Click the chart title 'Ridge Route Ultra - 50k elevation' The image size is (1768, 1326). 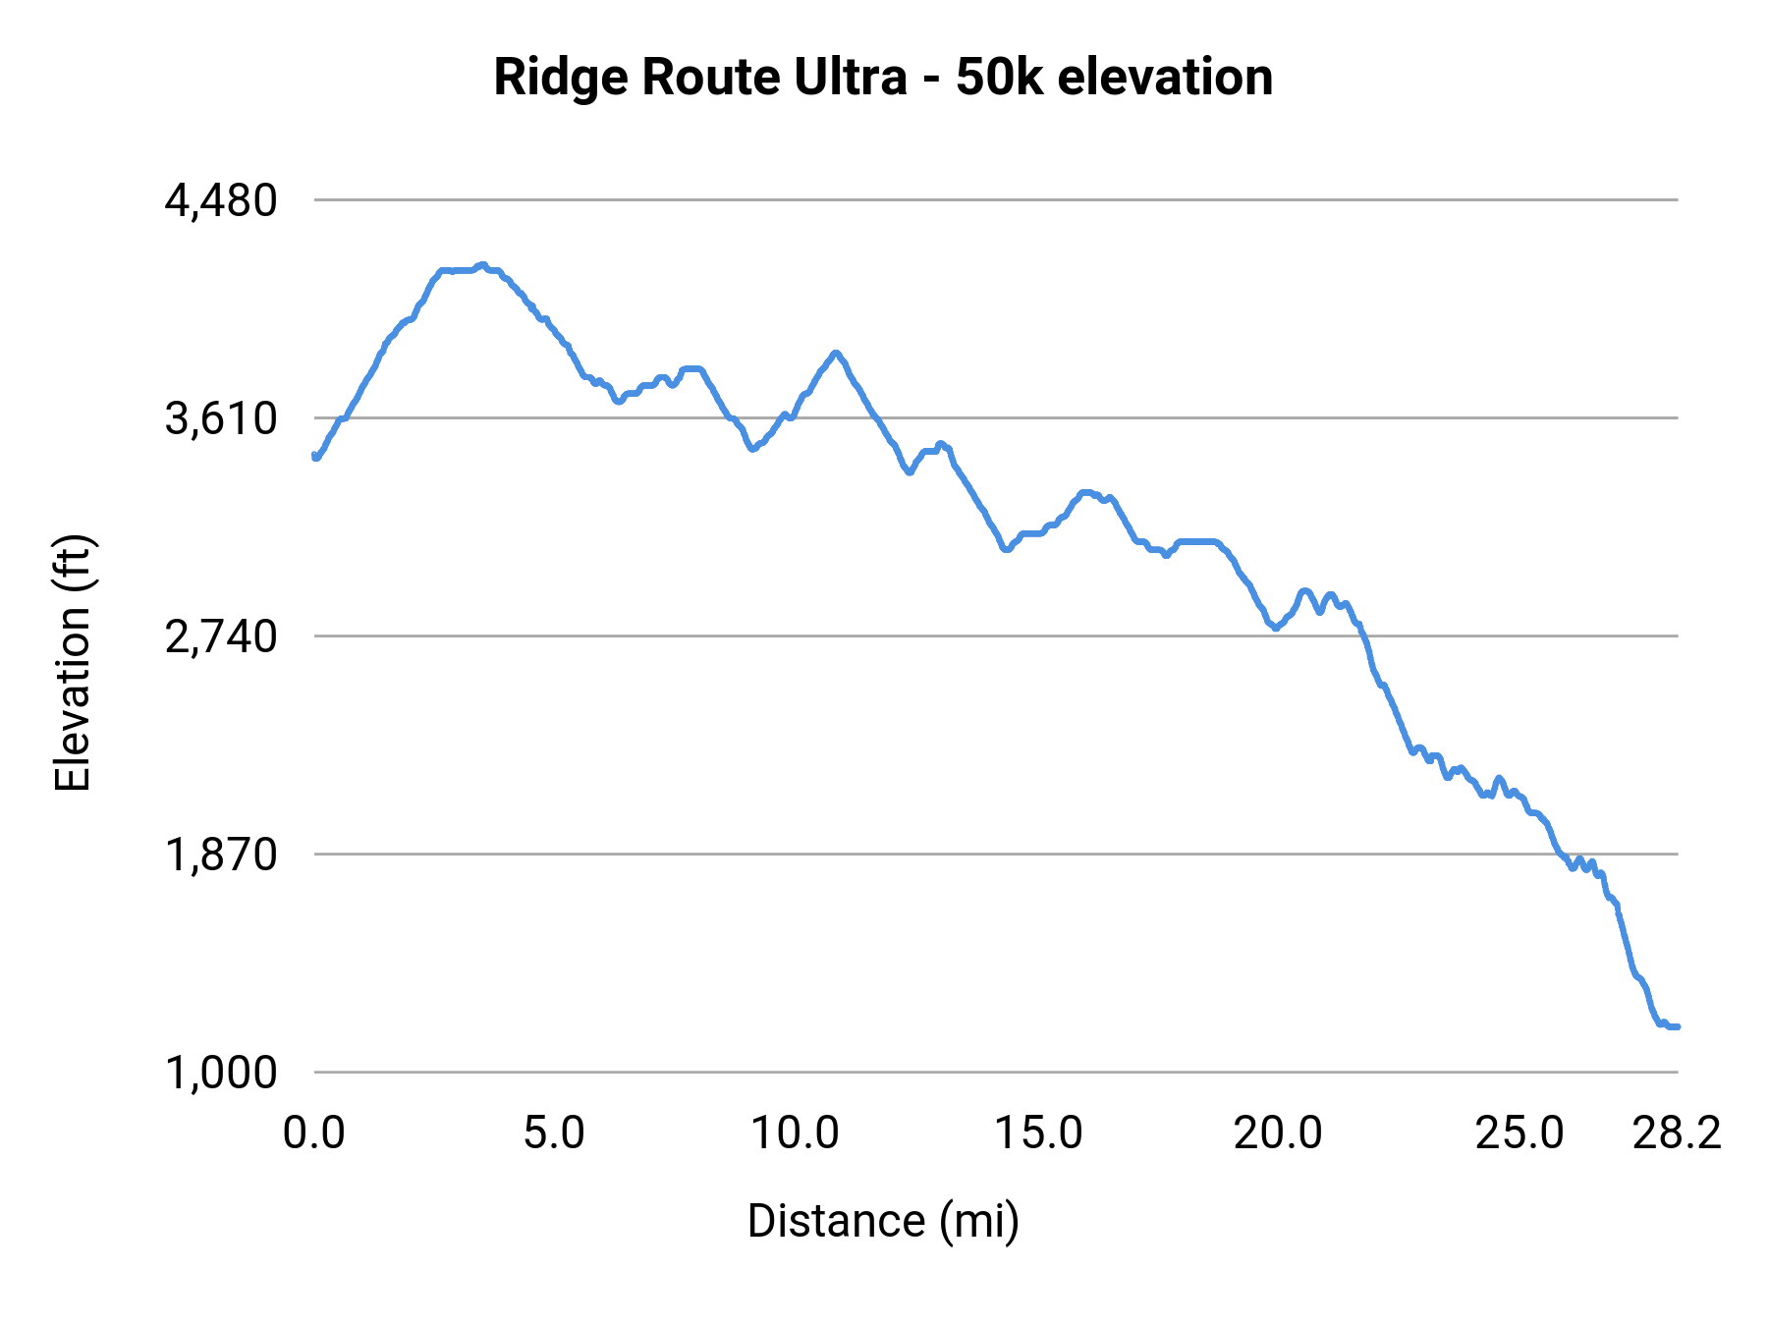883,78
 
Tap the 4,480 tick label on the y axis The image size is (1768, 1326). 221,200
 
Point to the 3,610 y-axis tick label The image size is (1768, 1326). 221,419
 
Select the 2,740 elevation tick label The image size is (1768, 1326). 221,637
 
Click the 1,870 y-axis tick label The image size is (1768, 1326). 221,856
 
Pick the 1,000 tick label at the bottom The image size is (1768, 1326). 221,1074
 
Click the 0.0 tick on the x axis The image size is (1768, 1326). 314,1133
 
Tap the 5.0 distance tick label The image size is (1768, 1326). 554,1133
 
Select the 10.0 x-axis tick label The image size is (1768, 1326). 795,1133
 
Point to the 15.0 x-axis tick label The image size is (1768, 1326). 1038,1133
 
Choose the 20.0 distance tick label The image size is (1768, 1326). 1278,1133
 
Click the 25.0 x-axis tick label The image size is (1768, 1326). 1519,1133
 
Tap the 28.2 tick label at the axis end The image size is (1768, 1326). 1678,1133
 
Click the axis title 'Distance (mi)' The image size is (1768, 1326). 883,1221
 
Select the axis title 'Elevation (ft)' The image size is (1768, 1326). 73,663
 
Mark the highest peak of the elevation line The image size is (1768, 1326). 481,265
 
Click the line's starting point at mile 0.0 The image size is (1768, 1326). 314,456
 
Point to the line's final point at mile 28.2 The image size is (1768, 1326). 1678,1026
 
